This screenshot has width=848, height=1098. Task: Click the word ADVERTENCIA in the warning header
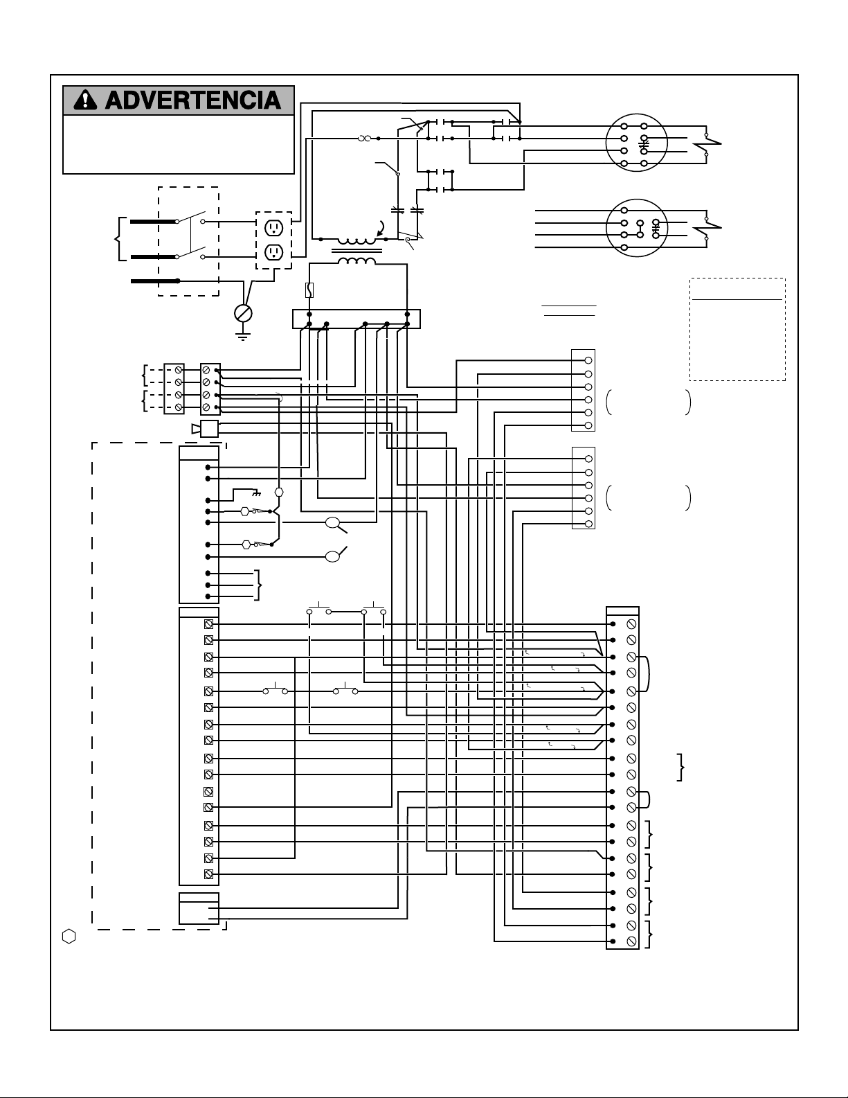pyautogui.click(x=193, y=100)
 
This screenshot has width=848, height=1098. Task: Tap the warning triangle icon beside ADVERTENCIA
pyautogui.click(x=84, y=100)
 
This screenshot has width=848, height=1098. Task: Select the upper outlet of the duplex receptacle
pyautogui.click(x=273, y=228)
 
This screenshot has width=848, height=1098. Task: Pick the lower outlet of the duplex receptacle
pyautogui.click(x=273, y=251)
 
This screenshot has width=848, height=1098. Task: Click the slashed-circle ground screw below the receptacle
pyautogui.click(x=243, y=313)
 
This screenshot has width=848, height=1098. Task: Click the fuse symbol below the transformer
pyautogui.click(x=310, y=290)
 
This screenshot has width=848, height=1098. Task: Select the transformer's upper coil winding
pyautogui.click(x=357, y=241)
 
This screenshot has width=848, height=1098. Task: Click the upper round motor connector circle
pyautogui.click(x=636, y=143)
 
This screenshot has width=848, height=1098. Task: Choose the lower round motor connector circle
pyautogui.click(x=636, y=228)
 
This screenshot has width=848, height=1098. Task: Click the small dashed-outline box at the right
pyautogui.click(x=737, y=329)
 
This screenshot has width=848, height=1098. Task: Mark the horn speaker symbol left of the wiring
pyautogui.click(x=205, y=429)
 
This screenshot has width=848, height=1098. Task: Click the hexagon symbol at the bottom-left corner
pyautogui.click(x=69, y=937)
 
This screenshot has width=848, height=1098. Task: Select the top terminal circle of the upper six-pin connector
pyautogui.click(x=588, y=360)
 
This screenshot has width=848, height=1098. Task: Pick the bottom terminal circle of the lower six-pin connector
pyautogui.click(x=588, y=524)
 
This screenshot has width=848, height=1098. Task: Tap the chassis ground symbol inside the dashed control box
pyautogui.click(x=257, y=492)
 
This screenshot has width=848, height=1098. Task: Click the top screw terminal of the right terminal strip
pyautogui.click(x=631, y=625)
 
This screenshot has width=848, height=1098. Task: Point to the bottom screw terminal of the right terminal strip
pyautogui.click(x=631, y=941)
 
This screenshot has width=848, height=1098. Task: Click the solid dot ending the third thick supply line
pyautogui.click(x=178, y=281)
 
